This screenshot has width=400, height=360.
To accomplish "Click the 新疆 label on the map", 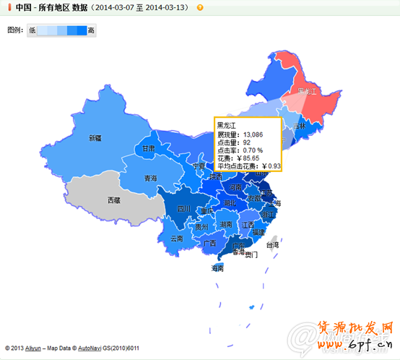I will point(95,137).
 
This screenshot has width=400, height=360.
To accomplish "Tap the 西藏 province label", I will point(114,200).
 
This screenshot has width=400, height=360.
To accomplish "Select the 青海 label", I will point(150,178).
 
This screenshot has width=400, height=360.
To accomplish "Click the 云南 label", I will point(177,237).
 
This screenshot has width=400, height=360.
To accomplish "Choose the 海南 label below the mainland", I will point(217,267).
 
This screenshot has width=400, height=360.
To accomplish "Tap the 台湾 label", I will point(272,244).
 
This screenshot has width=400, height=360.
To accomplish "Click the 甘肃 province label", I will point(148,148).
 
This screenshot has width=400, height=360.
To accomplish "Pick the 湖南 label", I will point(226,224).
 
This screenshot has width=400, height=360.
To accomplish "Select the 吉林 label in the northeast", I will point(300,125).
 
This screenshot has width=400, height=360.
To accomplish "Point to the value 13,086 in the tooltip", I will point(253,134).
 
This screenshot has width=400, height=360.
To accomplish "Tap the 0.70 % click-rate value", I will point(253,150).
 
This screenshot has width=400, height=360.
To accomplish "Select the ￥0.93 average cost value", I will point(271,166).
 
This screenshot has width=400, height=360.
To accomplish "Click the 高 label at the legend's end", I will point(90,30).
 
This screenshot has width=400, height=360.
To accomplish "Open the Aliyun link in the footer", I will point(33,348).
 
